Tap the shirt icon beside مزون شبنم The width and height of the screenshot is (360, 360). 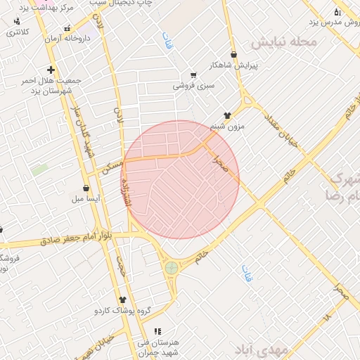point(227,115)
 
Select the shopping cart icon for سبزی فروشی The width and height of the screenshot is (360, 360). point(193,75)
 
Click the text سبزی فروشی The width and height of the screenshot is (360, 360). point(193,86)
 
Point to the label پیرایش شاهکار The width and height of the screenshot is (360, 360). point(234,65)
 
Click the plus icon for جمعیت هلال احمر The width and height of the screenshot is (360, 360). point(51,70)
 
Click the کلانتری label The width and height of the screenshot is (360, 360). point(18,32)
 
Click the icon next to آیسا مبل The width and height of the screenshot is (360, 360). point(86,188)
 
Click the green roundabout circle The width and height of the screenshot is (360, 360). point(171,267)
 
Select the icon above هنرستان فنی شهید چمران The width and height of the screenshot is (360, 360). point(157,331)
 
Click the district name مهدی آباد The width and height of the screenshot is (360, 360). point(261,349)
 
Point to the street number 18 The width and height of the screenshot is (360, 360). point(326,319)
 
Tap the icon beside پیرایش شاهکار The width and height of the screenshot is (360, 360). point(233,54)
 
